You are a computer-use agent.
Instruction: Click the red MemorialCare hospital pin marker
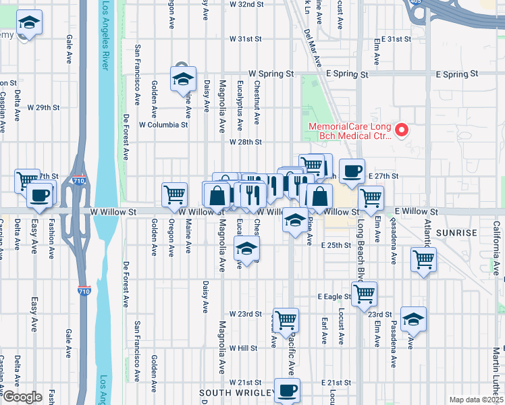coord(402,129)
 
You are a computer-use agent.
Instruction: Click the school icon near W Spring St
coord(183,79)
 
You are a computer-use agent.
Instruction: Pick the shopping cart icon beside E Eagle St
coord(364,293)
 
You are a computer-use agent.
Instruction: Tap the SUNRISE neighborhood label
coord(458,232)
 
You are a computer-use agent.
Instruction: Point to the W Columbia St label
coord(163,125)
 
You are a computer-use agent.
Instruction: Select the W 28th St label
coord(245,142)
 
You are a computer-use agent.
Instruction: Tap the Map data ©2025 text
coord(476,400)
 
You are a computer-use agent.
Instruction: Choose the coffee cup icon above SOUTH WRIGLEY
coord(288,389)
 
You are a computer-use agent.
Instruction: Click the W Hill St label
coord(244,348)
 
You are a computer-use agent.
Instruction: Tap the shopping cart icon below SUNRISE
coord(423,259)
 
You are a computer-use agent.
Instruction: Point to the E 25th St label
coord(336,245)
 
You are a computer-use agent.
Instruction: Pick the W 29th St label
coord(44,107)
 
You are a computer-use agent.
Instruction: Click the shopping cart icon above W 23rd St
coord(286,319)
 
